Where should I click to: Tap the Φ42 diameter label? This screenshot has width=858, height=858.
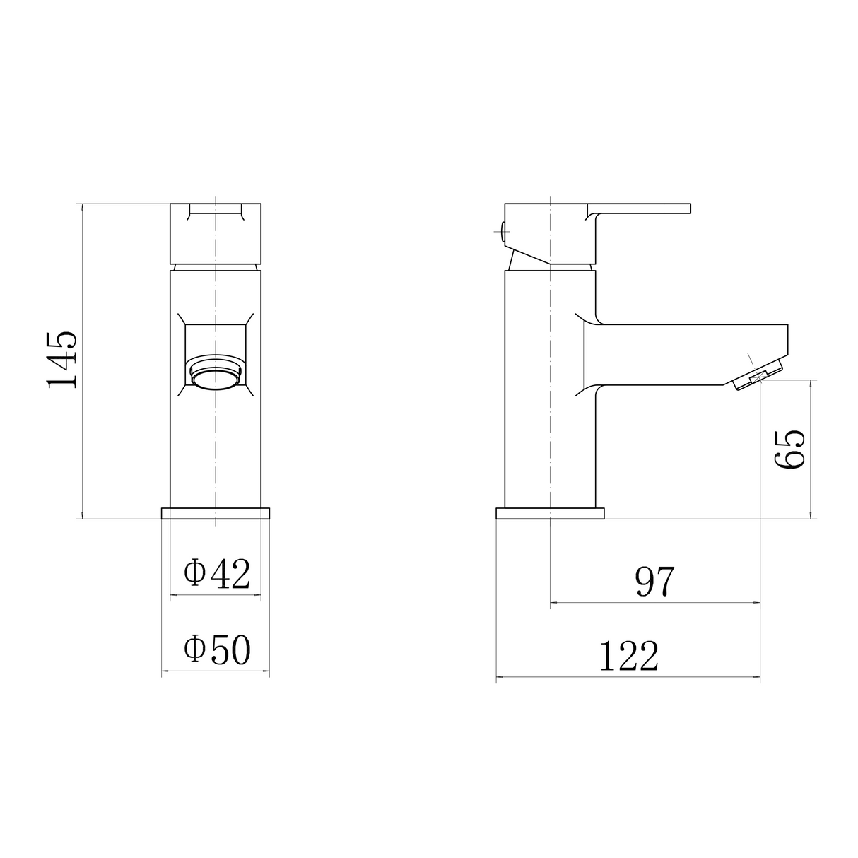coord(216,574)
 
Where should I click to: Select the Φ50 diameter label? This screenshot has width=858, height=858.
coord(216,650)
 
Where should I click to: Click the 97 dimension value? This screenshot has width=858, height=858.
coord(655,582)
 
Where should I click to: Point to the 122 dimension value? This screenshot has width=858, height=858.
coord(628,657)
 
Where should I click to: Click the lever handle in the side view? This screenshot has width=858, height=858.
coord(636,209)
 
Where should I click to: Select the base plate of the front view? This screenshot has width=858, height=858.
coord(216,513)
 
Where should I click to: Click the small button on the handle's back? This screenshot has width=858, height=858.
coord(501,231)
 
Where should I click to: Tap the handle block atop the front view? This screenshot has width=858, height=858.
coord(216,233)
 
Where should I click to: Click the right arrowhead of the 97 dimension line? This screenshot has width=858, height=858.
coord(758,603)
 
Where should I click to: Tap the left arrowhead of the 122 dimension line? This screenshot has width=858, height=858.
coord(500,678)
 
